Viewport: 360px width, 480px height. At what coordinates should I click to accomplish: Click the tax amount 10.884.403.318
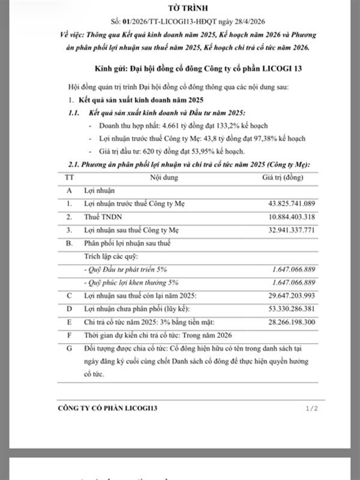point(285,217)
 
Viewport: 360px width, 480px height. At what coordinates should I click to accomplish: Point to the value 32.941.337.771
point(285,230)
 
